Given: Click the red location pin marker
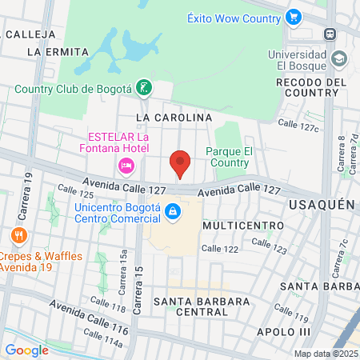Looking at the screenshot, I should point(181,164).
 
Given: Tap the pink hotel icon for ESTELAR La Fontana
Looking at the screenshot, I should point(126,166).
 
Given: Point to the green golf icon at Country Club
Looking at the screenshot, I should point(143,88).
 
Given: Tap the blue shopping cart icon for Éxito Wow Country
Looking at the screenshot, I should point(293,16).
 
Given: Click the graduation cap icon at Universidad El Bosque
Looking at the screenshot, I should point(338,58).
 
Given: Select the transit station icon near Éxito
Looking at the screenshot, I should point(329,34).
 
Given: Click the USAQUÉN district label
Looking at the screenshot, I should point(321,205).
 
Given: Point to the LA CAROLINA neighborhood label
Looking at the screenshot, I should point(174,118).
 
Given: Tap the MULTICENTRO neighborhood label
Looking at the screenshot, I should point(243,226).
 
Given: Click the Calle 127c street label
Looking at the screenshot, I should point(298,124).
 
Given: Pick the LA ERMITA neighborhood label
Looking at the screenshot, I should point(57,51).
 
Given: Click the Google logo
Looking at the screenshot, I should point(26,350).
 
